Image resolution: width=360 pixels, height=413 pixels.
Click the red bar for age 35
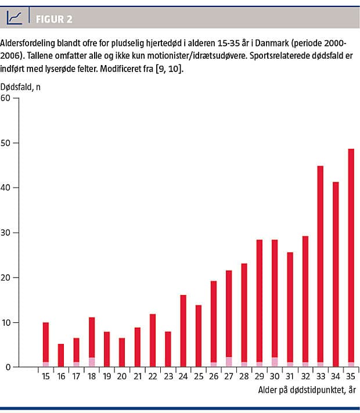coord(351,256)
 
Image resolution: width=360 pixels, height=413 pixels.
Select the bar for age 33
coord(320,264)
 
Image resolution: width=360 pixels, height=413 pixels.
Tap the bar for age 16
coord(61,355)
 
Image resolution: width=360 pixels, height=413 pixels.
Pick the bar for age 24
coord(183,331)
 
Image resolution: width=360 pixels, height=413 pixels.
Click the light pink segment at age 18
coord(92,362)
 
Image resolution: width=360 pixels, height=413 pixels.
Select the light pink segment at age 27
coord(229,362)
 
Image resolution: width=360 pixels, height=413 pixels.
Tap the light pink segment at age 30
coord(275,362)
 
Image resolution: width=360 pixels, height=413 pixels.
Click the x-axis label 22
coord(153,376)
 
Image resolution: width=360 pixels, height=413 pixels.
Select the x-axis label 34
coord(336,376)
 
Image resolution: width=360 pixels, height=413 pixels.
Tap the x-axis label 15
coord(46,376)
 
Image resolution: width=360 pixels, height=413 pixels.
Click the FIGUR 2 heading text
coord(54,19)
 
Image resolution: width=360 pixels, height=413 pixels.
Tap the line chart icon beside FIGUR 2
coord(15,19)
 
